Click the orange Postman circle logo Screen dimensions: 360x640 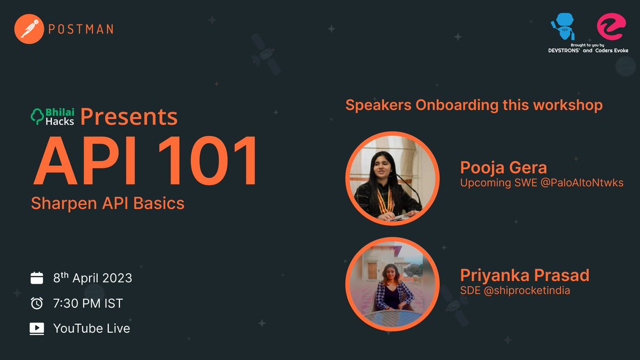click(29, 28)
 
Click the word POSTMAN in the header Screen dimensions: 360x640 click(81, 29)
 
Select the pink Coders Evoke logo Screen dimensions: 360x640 click(610, 26)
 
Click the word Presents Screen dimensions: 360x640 click(129, 117)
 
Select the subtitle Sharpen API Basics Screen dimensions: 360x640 click(108, 203)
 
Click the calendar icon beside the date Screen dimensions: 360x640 click(37, 278)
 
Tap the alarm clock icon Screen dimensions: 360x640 click(37, 303)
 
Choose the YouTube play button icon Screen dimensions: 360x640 click(37, 329)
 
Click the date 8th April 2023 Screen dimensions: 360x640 click(93, 278)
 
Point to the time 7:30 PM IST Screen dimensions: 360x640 click(88, 303)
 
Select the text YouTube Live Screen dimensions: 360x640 click(92, 329)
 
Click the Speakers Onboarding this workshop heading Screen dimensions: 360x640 click(474, 105)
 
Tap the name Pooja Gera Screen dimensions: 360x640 click(503, 168)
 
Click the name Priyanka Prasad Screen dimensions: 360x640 click(525, 276)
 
